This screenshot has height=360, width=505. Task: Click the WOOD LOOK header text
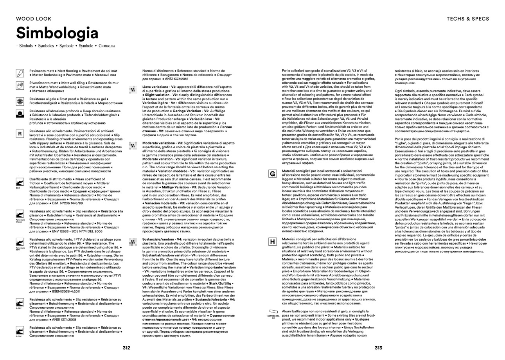[x=31, y=18]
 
